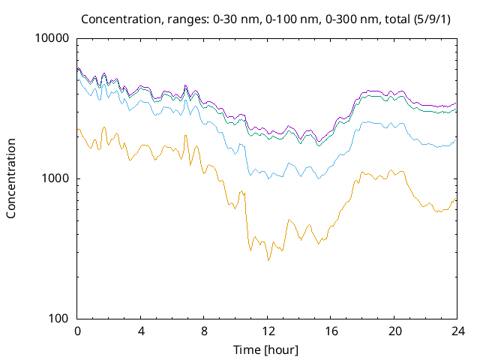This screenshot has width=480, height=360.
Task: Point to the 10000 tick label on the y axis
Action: (x=52, y=38)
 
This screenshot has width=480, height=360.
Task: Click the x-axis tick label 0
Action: (x=77, y=331)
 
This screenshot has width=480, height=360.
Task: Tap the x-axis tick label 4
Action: (x=140, y=331)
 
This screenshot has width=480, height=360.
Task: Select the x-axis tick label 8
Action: (x=203, y=331)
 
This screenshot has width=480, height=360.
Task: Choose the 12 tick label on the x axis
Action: (x=266, y=331)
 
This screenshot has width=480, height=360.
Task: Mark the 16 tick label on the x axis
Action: (x=329, y=331)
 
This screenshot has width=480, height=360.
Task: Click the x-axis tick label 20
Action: (x=392, y=331)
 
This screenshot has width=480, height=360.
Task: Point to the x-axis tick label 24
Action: (x=455, y=331)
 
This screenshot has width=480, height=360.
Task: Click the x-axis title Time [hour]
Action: (x=266, y=349)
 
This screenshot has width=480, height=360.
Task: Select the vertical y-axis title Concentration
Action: (x=11, y=178)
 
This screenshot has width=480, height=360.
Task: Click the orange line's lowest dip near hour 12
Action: (x=268, y=260)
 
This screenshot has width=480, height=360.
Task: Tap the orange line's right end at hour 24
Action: (x=455, y=198)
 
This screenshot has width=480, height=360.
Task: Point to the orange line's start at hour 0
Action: (x=78, y=129)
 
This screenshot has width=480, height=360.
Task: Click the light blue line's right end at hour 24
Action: (x=455, y=138)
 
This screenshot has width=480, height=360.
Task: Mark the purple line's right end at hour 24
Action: (x=455, y=103)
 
